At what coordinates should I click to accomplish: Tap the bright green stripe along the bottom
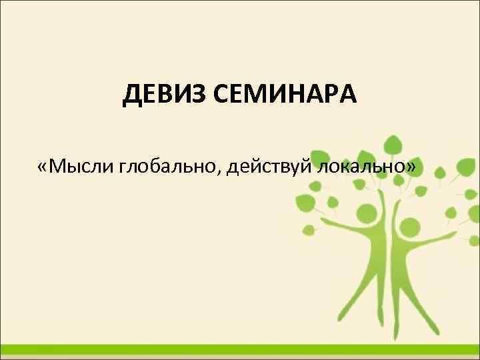coord(240,350)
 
